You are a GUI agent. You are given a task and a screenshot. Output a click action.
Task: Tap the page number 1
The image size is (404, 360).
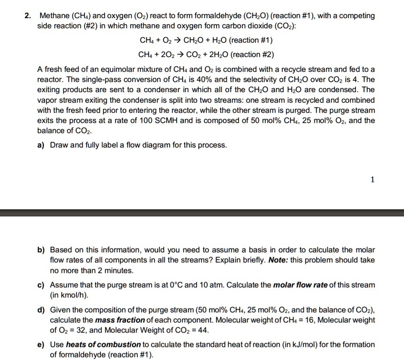tap(372, 180)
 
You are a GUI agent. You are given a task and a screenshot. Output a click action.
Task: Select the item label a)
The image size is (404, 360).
tap(41, 145)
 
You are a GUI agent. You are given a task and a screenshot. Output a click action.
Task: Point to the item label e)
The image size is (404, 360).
tap(41, 344)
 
